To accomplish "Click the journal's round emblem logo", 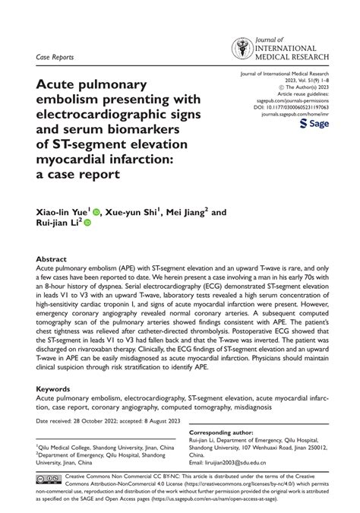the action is tap(242, 49).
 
